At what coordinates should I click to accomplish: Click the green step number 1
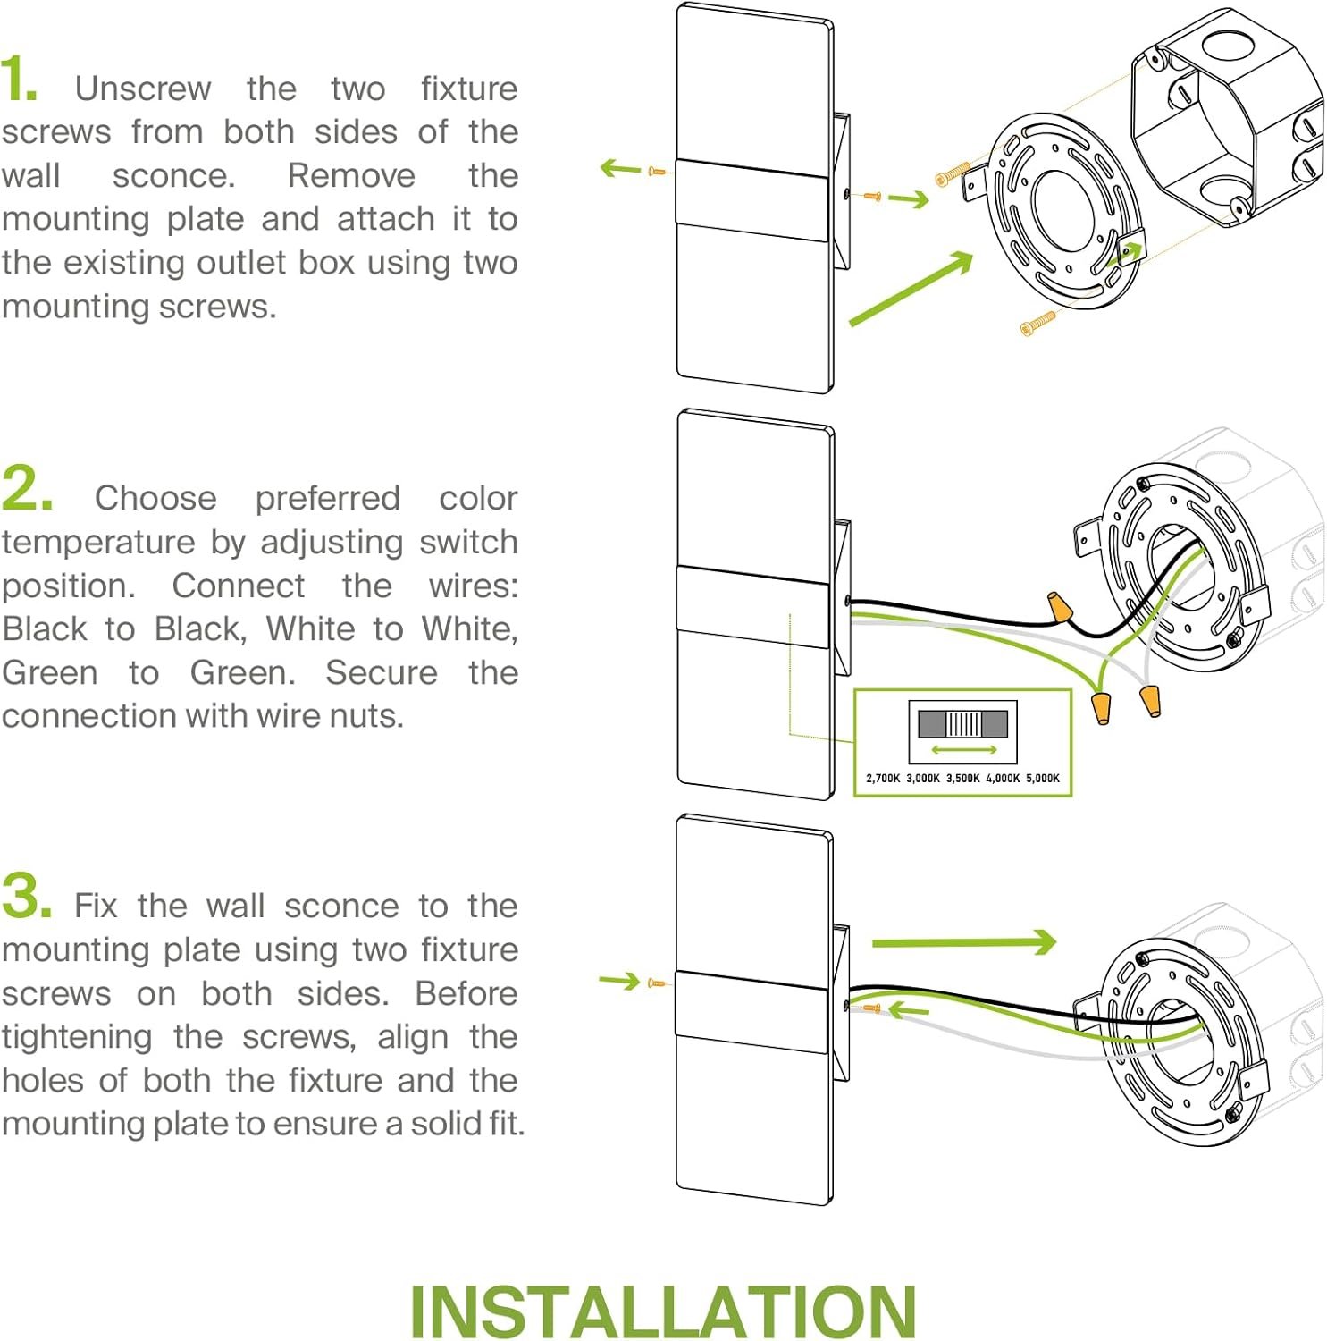tap(19, 79)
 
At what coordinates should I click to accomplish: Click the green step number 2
tap(27, 488)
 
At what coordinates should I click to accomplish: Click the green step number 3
tap(26, 896)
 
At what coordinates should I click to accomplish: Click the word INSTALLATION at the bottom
tap(662, 1311)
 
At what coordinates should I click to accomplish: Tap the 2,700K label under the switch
tap(883, 778)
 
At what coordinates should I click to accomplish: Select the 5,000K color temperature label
tap(1043, 778)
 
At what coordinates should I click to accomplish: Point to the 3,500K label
tap(962, 778)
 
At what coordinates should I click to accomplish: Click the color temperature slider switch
tap(962, 723)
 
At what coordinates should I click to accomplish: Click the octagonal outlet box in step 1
tap(1228, 116)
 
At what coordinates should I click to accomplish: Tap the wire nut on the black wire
tap(1060, 608)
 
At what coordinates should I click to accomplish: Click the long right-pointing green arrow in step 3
tap(964, 942)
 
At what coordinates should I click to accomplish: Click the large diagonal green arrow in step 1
tap(911, 288)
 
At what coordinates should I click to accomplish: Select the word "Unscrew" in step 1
tap(143, 89)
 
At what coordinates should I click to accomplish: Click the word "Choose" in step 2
tap(155, 498)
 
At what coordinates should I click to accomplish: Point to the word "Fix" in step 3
tap(96, 906)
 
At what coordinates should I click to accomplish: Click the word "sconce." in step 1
tap(173, 175)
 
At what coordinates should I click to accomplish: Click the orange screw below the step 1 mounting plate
tap(1037, 323)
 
